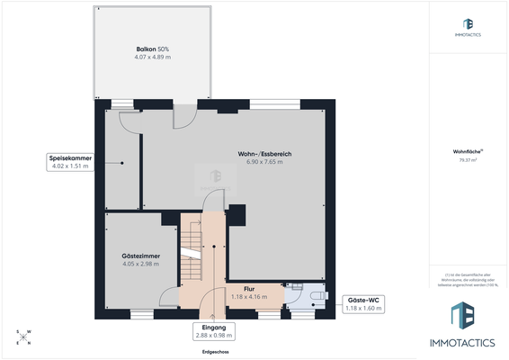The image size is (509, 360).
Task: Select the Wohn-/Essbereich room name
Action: coord(264,154)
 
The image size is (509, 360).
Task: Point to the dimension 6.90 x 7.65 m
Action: coord(264,163)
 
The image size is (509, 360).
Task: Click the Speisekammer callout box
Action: coord(70,162)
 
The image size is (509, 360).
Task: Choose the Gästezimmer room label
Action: coord(140,256)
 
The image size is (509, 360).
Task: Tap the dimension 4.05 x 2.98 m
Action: coord(140,265)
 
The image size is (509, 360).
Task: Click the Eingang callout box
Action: coord(213,331)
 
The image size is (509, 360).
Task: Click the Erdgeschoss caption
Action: coord(214,352)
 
